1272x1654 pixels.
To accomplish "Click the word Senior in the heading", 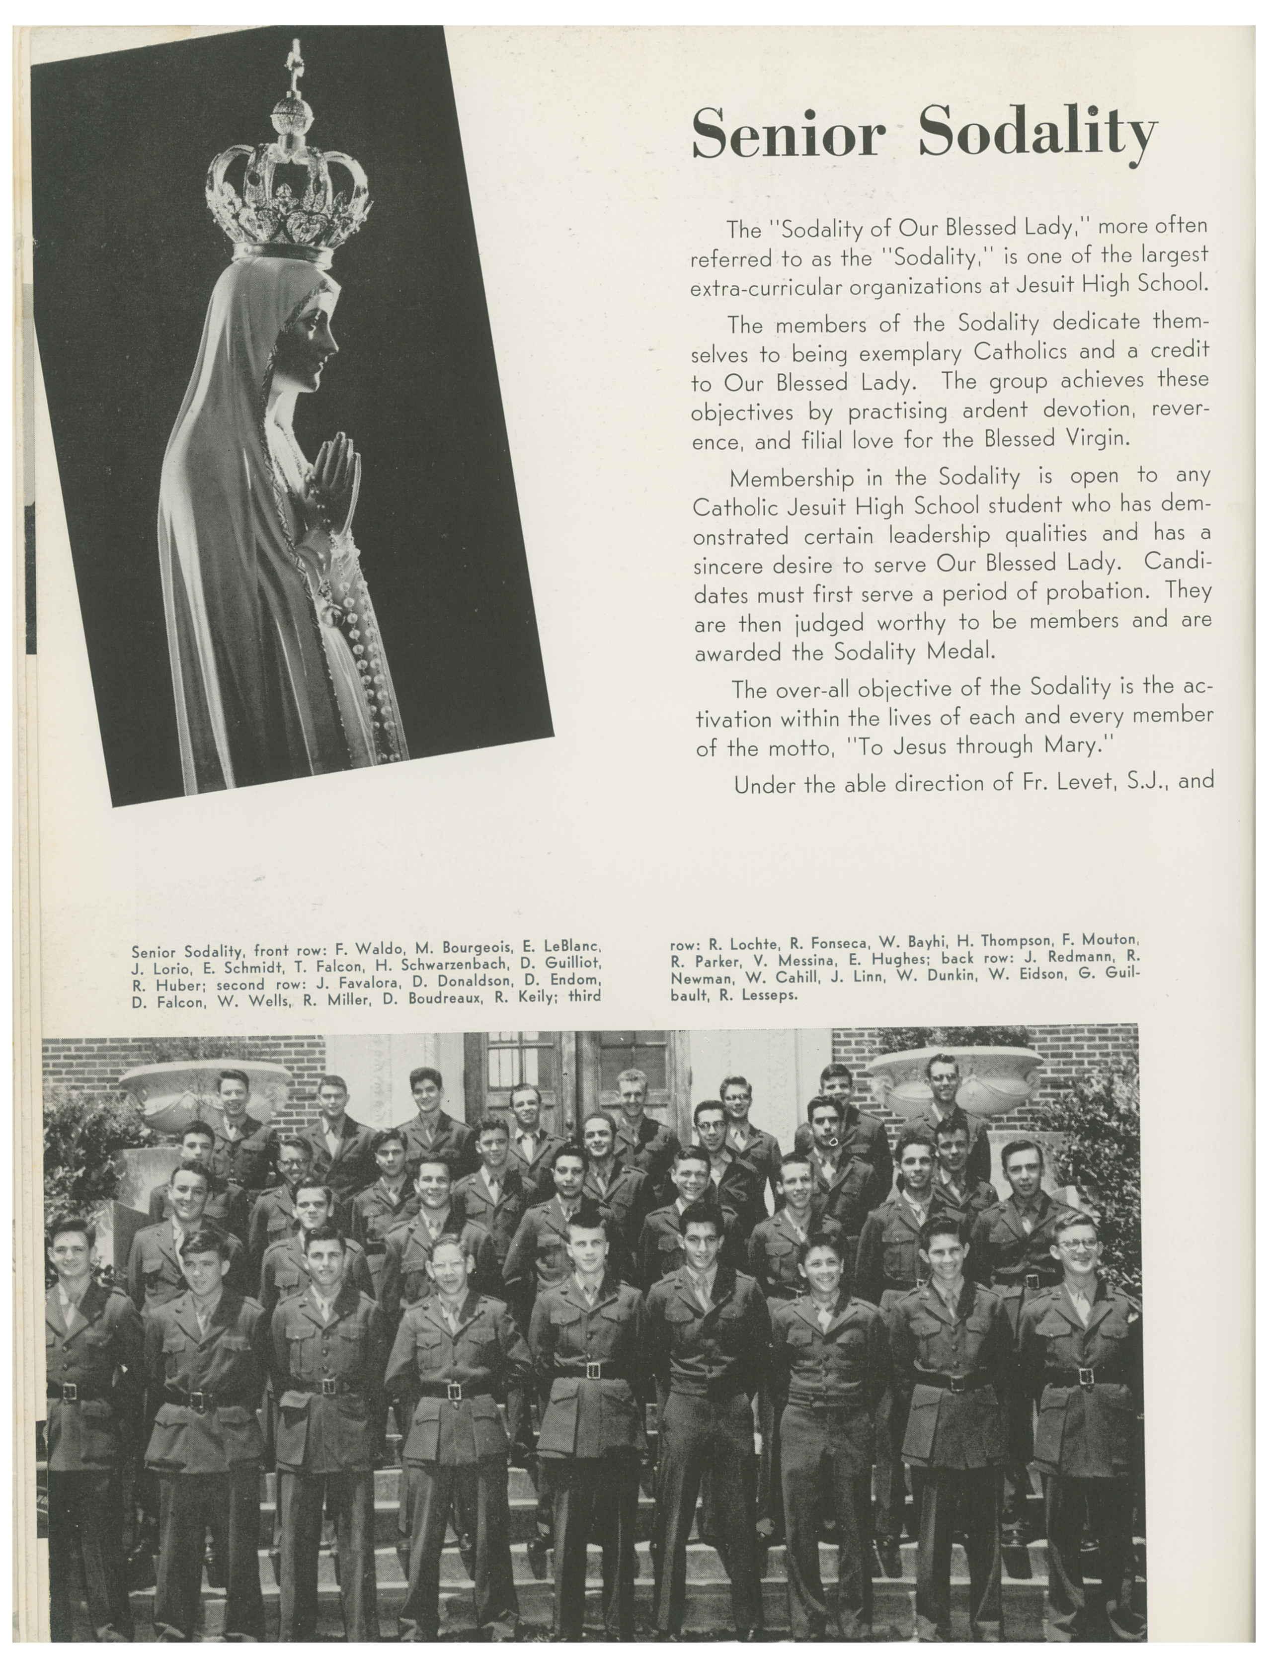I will [x=788, y=134].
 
